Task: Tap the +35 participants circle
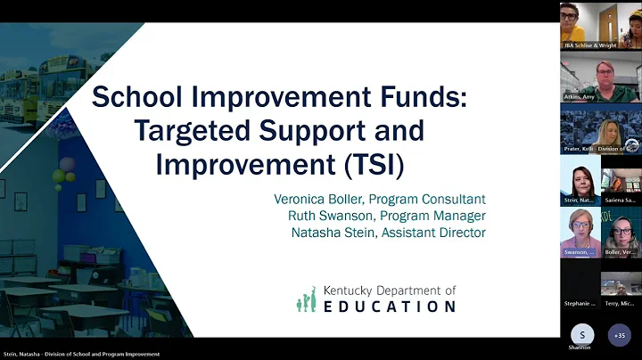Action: (620, 335)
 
